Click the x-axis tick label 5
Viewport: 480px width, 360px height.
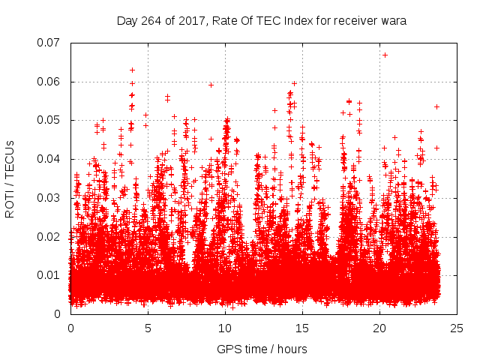click(148, 328)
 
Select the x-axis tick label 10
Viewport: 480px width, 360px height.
click(225, 328)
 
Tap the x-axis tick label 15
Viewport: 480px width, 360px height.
click(302, 328)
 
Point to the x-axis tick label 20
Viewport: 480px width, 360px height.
click(379, 328)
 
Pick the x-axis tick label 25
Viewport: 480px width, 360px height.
click(457, 328)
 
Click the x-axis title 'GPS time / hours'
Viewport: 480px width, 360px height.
click(262, 349)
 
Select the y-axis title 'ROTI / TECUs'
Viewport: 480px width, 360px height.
click(10, 178)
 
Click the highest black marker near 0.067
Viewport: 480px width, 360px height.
click(385, 55)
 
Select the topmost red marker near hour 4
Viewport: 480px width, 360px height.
click(133, 70)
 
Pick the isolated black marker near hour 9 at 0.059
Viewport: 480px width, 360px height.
click(211, 85)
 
